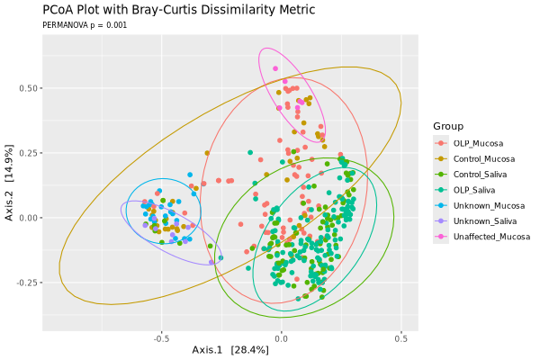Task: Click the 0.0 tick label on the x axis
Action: click(x=282, y=339)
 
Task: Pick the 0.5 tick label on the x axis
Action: click(x=401, y=339)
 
